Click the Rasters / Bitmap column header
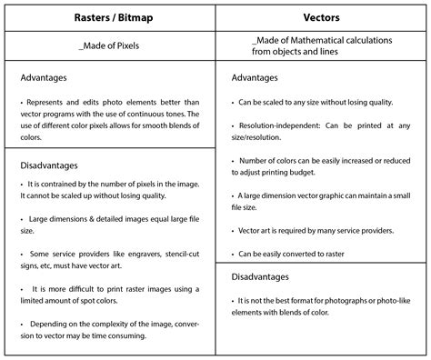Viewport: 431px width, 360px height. coord(108,17)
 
